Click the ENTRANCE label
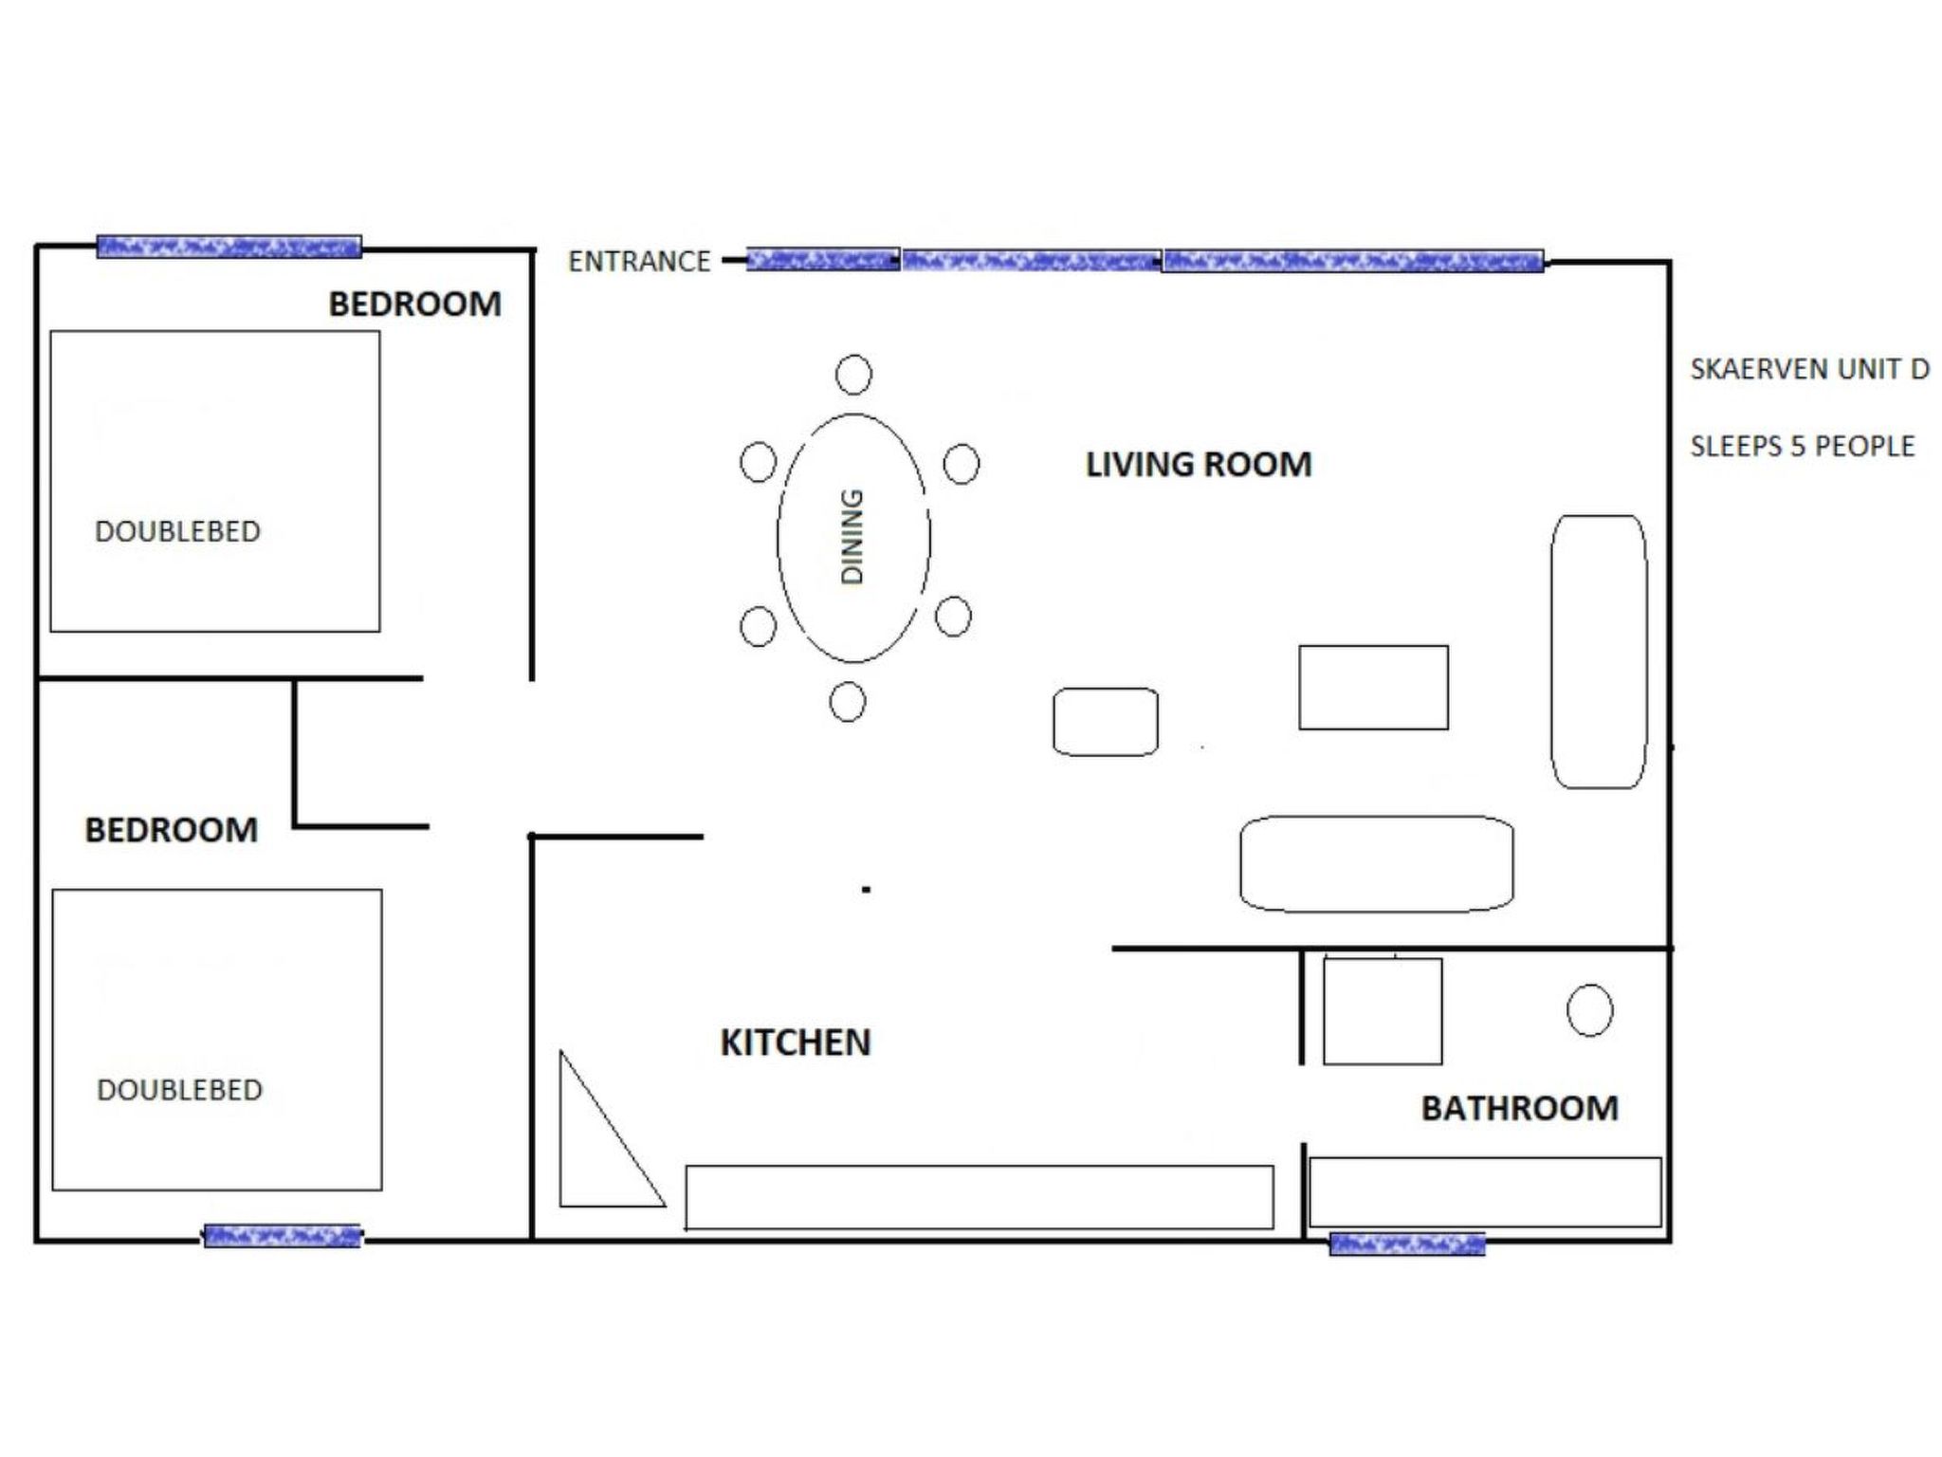coord(639,261)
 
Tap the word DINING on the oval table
coord(852,537)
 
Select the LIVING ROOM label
coord(1199,465)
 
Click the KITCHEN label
coord(796,1042)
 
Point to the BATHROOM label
coord(1519,1108)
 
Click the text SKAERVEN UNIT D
coord(1809,369)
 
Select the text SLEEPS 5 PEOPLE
coord(1802,446)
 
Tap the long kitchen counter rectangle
coord(979,1197)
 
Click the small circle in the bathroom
coord(1589,1010)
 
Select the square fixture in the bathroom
coord(1383,1011)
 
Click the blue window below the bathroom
coord(1406,1244)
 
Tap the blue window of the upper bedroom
coord(229,247)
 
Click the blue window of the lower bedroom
coord(283,1236)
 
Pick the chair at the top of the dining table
coord(853,375)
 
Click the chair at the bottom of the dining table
coord(847,703)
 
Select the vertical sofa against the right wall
coord(1599,652)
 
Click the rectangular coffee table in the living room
coord(1373,688)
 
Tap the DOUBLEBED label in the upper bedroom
coord(177,531)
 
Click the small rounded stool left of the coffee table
coord(1105,722)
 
